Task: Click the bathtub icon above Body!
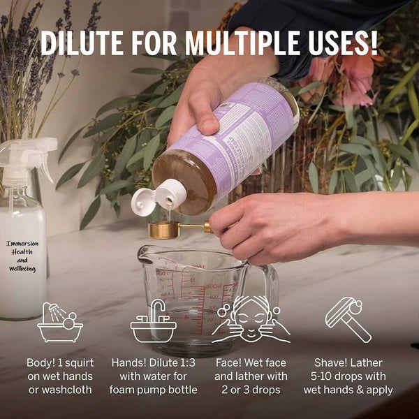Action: [59, 322]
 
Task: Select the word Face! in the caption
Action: [230, 363]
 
